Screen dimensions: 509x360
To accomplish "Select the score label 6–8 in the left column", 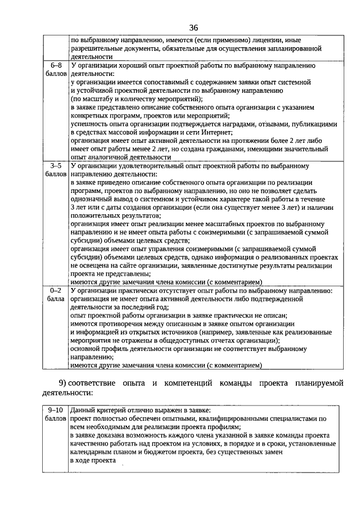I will click(x=56, y=65).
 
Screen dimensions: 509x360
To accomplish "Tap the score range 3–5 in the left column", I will click(x=56, y=166).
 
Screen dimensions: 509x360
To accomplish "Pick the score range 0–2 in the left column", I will click(x=56, y=290).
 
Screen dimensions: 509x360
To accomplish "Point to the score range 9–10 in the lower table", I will click(x=56, y=411).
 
